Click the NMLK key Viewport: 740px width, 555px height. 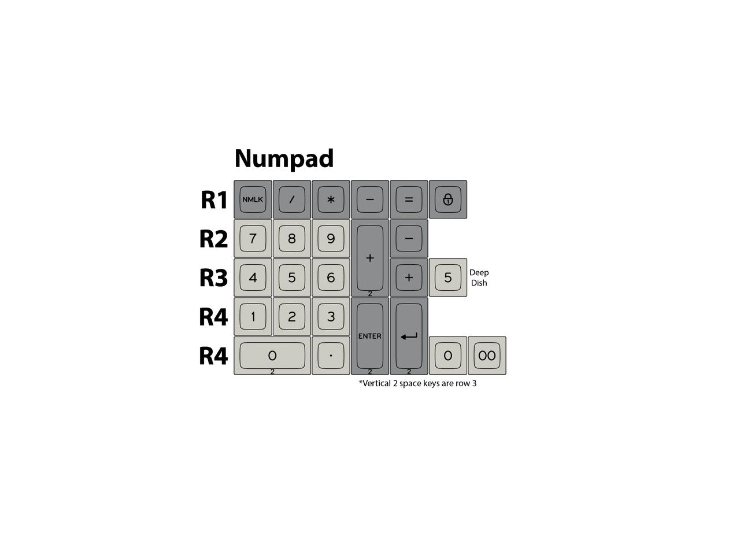253,199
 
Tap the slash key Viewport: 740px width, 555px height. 291,199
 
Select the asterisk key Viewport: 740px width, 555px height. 331,199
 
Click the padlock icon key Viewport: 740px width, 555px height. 447,199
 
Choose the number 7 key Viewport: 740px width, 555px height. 253,238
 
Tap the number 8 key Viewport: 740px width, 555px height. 291,238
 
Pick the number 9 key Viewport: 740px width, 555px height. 331,238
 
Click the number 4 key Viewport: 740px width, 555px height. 253,277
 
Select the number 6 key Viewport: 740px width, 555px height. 331,277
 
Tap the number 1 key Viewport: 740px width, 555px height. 253,316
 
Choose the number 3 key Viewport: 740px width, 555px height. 331,316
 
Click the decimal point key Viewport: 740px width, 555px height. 331,356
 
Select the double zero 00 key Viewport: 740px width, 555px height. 487,356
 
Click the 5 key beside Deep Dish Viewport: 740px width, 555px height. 447,277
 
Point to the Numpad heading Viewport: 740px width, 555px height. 284,159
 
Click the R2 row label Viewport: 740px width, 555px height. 213,239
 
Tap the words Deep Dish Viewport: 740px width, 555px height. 479,277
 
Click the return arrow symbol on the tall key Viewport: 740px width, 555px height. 409,336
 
